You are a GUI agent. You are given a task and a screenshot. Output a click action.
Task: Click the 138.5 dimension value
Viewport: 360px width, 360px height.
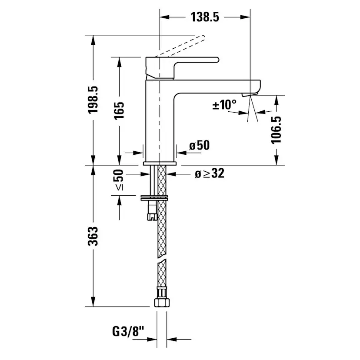[x=204, y=17]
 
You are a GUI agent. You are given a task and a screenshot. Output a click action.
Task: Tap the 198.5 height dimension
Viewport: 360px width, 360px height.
[x=93, y=100]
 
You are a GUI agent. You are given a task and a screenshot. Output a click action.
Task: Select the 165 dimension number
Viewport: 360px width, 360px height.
[x=120, y=110]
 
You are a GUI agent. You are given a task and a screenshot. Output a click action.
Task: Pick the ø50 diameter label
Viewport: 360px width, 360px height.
[x=199, y=145]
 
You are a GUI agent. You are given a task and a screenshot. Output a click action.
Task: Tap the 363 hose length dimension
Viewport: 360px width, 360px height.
[x=93, y=236]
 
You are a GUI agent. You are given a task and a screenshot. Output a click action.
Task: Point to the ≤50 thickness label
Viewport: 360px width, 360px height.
[x=119, y=180]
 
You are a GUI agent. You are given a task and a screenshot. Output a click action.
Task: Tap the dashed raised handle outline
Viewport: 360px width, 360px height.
[x=183, y=46]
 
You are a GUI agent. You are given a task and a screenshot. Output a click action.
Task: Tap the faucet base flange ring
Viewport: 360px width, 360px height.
[x=160, y=164]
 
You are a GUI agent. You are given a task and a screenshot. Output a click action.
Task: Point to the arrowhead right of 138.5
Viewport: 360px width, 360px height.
[x=246, y=17]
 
